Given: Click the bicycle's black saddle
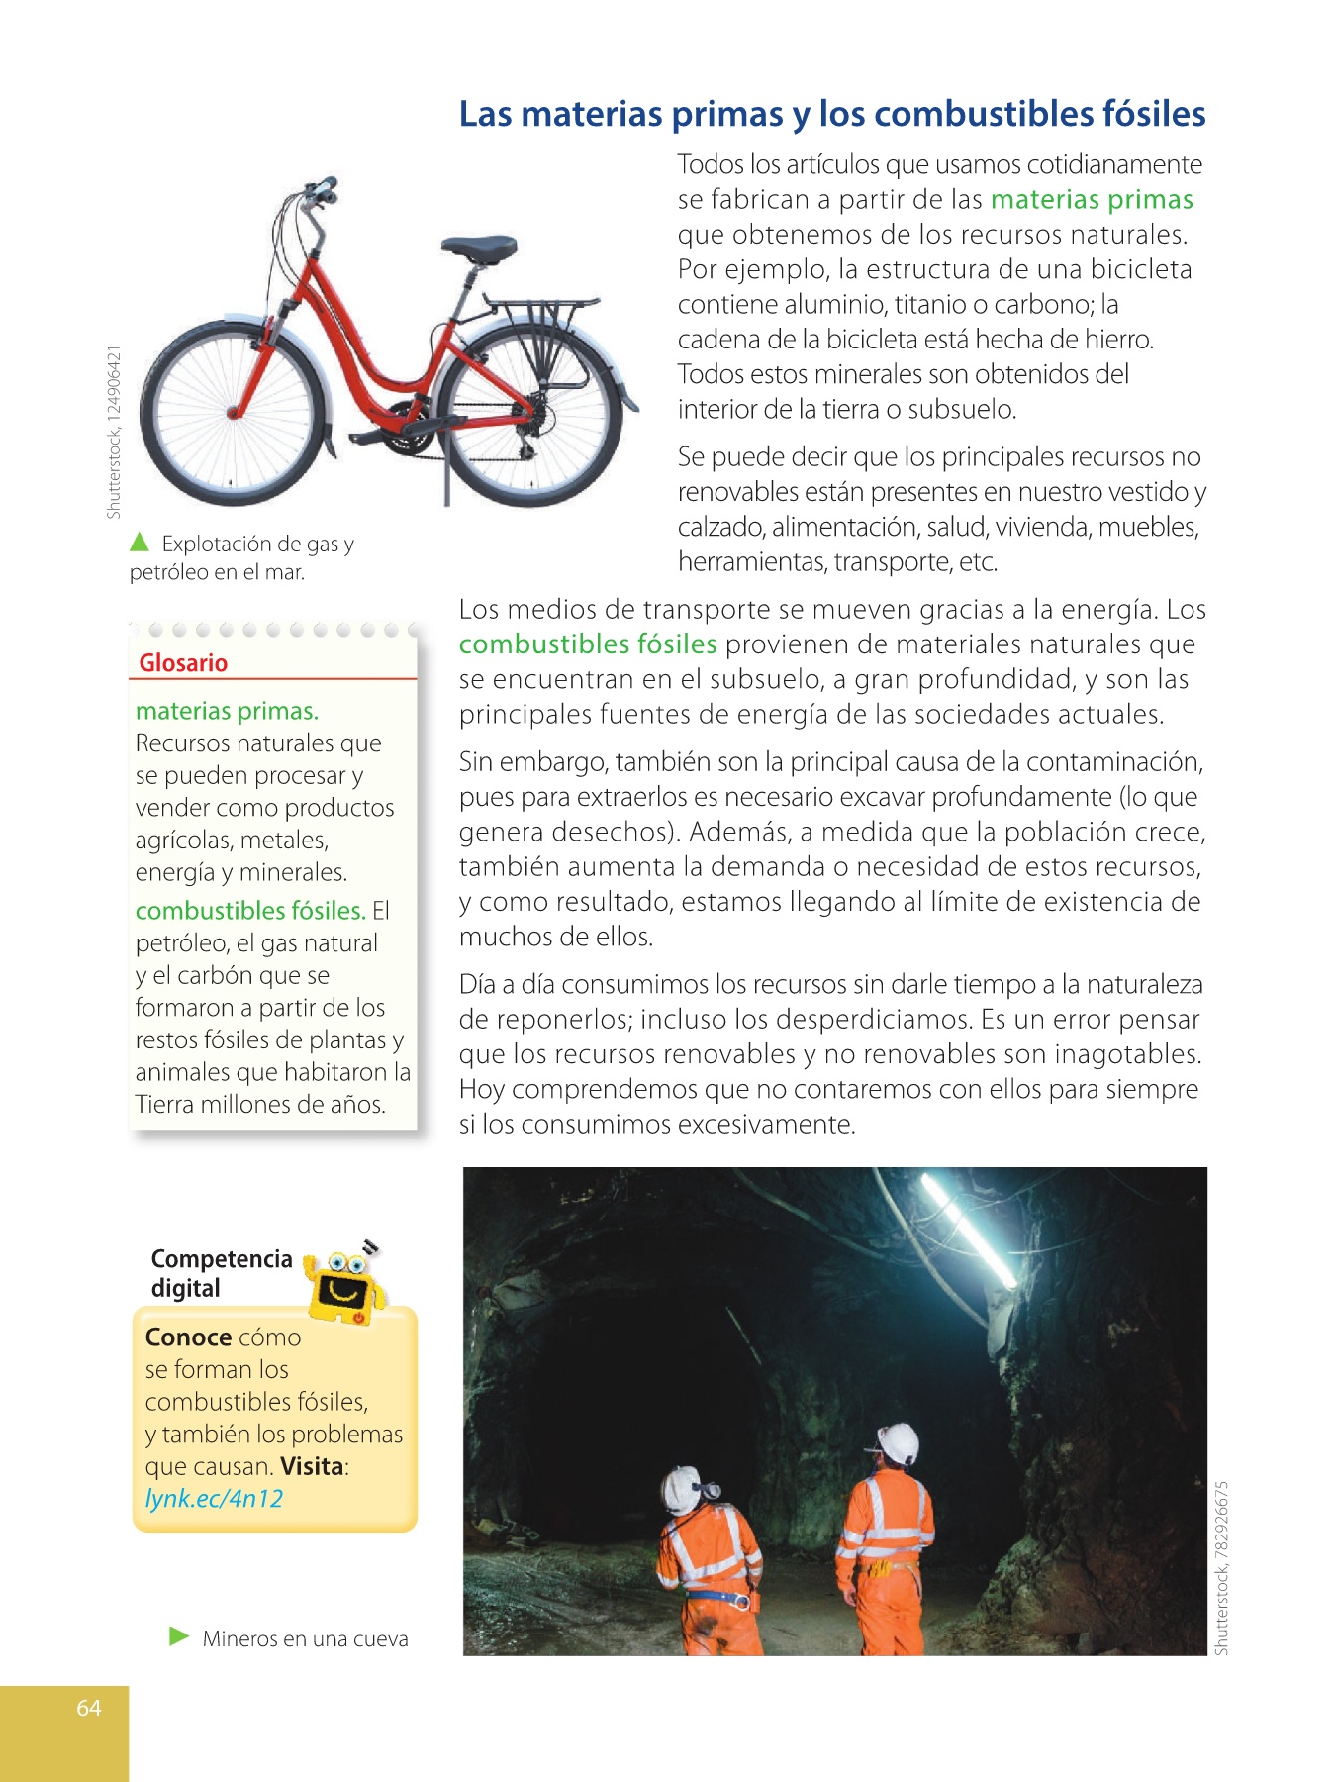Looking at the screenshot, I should click(479, 247).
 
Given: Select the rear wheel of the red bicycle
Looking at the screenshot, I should click(530, 414).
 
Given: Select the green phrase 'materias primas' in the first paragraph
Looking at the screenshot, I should click(1092, 200).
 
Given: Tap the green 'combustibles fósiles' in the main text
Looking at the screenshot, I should click(588, 644).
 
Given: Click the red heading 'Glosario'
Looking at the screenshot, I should click(183, 663).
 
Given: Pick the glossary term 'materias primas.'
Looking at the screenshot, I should click(227, 711).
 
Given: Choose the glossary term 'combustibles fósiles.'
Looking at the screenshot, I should click(250, 911).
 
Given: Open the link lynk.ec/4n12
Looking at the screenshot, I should click(214, 1499).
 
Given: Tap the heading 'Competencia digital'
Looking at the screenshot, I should click(221, 1273).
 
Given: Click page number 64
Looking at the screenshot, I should click(89, 1708).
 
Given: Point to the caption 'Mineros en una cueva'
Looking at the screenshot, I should click(305, 1639).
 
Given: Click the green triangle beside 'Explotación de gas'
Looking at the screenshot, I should click(140, 543).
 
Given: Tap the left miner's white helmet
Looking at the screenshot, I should click(682, 1487).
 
